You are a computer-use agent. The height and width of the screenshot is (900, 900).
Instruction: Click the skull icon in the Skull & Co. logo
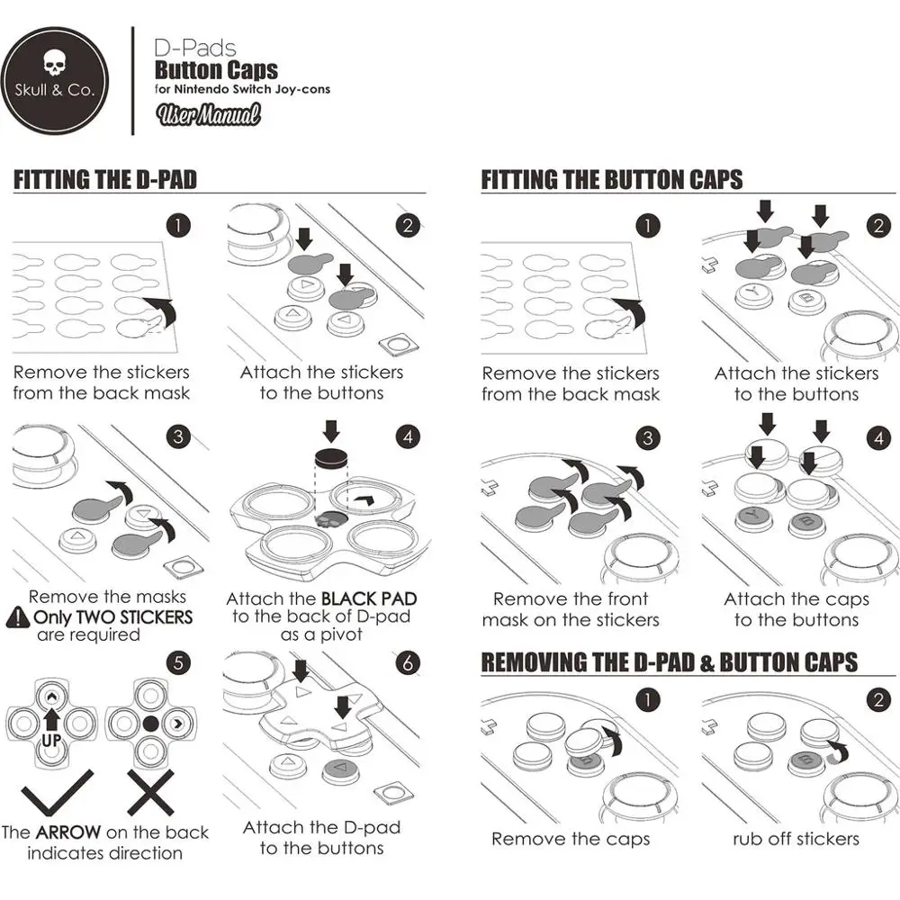55,62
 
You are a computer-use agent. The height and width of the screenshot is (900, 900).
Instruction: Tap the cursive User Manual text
209,115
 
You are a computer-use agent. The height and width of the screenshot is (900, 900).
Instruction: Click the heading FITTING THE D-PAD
105,180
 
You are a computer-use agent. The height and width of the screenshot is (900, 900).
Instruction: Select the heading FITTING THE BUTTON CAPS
612,180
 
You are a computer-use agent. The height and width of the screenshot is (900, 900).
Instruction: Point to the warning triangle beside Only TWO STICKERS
18,617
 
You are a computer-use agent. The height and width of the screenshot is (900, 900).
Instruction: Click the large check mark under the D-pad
57,792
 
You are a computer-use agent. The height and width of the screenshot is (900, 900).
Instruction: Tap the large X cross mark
150,792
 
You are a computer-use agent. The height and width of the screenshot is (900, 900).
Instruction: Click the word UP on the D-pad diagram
51,741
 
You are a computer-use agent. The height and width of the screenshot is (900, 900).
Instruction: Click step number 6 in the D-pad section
408,663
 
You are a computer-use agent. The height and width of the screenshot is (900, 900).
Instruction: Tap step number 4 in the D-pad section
408,437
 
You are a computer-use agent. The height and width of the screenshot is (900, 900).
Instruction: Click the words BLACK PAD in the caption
369,598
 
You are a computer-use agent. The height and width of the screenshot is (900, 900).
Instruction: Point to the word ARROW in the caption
68,832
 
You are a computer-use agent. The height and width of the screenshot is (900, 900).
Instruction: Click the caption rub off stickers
796,839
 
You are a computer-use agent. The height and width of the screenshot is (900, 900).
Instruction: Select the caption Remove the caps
571,839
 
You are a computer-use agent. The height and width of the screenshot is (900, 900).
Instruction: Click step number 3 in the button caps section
648,438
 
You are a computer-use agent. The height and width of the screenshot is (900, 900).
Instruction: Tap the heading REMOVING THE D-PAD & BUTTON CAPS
670,662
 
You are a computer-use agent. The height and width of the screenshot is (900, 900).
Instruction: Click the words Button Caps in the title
216,70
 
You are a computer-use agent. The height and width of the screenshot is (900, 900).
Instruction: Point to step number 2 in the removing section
878,699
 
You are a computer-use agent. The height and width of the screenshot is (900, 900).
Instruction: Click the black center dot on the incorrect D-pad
150,724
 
